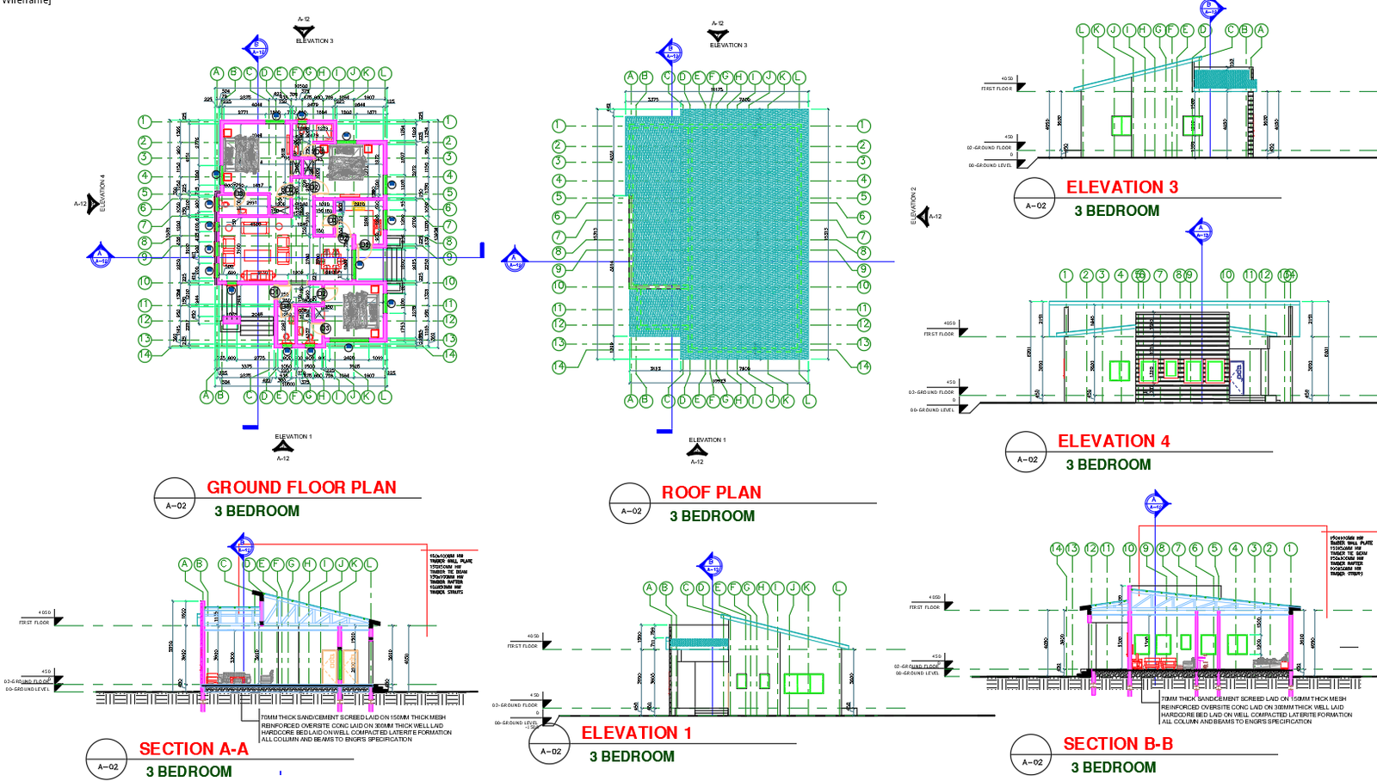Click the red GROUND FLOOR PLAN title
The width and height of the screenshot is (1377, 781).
(x=301, y=488)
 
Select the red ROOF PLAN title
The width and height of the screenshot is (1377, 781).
(x=711, y=493)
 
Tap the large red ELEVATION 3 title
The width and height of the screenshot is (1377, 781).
(x=1121, y=188)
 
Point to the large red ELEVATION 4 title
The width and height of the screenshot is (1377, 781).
(x=1113, y=441)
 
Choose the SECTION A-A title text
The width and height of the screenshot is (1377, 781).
(x=194, y=749)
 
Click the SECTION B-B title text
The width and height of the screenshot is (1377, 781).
(x=1118, y=744)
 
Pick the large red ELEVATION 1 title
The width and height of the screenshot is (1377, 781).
(x=636, y=733)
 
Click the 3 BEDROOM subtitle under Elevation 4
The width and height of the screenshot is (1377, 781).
(x=1108, y=464)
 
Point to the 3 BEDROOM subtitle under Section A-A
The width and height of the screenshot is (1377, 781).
(x=188, y=772)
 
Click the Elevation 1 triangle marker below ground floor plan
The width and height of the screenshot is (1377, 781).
(x=283, y=446)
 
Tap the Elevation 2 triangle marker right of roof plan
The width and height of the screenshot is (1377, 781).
(x=923, y=216)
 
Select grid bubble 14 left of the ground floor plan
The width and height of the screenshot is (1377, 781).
(x=145, y=354)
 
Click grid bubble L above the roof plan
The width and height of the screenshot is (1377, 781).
(x=799, y=77)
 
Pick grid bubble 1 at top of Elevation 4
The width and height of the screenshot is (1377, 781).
(x=1066, y=275)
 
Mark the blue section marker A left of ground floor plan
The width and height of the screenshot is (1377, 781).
(x=100, y=256)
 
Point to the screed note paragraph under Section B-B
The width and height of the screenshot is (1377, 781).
(x=1256, y=710)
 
